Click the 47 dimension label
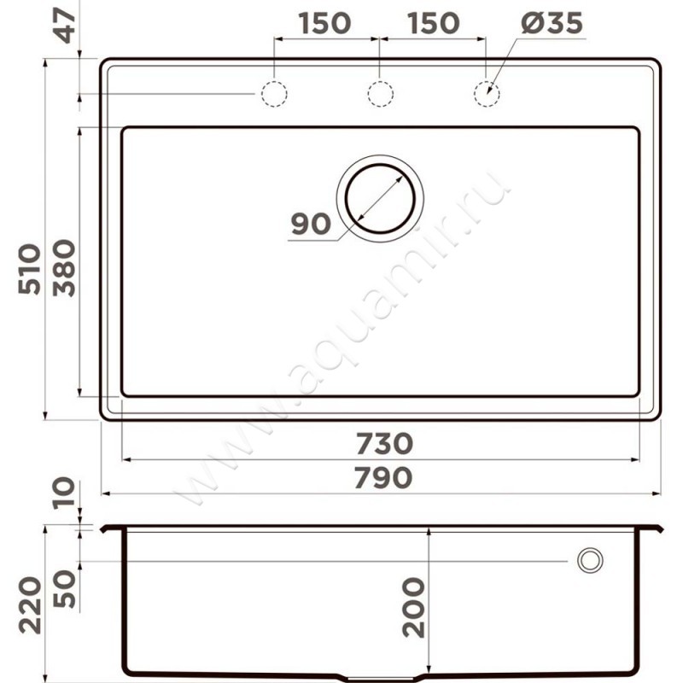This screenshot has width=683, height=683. [x=67, y=25]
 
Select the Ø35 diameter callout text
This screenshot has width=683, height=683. [x=552, y=23]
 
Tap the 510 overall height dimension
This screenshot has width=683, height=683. [x=30, y=269]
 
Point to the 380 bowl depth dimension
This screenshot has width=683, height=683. [x=64, y=268]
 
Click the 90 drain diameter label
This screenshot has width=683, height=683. [x=311, y=224]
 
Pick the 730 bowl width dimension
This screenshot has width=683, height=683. [x=384, y=443]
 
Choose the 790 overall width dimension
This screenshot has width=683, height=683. [x=382, y=478]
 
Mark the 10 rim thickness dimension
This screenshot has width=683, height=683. [x=63, y=493]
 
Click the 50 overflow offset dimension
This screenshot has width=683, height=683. [x=64, y=588]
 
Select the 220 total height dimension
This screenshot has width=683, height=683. [x=30, y=605]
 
